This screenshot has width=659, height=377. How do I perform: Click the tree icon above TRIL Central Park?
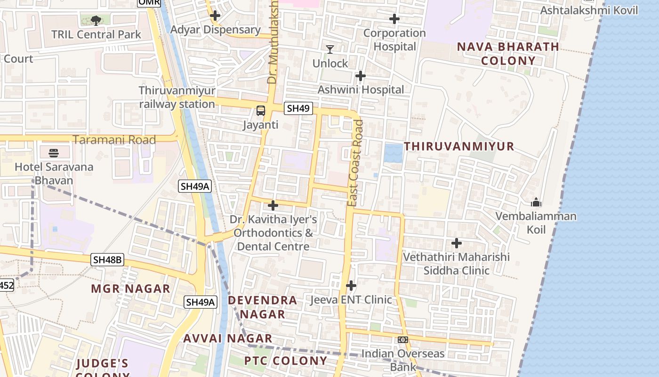point(96,20)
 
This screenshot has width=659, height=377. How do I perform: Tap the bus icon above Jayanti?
point(261,111)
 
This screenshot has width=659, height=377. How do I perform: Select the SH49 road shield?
point(298,108)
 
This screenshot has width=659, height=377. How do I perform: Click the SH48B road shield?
point(107,260)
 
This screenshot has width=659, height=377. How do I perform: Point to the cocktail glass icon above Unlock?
point(330,49)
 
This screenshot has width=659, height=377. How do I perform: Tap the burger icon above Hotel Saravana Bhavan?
point(54,153)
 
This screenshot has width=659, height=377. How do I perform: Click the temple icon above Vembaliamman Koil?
point(536,203)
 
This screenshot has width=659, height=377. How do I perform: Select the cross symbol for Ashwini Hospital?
point(361,76)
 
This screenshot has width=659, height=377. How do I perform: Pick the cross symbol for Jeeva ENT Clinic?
point(351,286)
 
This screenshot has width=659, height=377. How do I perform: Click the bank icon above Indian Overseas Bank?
point(402,340)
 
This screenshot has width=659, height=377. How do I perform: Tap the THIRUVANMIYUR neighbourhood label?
point(459,147)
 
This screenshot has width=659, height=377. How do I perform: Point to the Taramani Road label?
point(114,140)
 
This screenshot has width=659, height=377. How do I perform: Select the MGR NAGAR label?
point(130,289)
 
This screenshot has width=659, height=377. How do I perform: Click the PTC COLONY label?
point(285,361)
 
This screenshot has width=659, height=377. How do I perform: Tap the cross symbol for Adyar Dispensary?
point(215,16)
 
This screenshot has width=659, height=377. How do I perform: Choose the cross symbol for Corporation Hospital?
point(394,19)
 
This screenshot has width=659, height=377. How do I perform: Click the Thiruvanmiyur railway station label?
point(177,98)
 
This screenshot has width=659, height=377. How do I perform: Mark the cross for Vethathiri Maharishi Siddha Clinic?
point(457,243)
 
